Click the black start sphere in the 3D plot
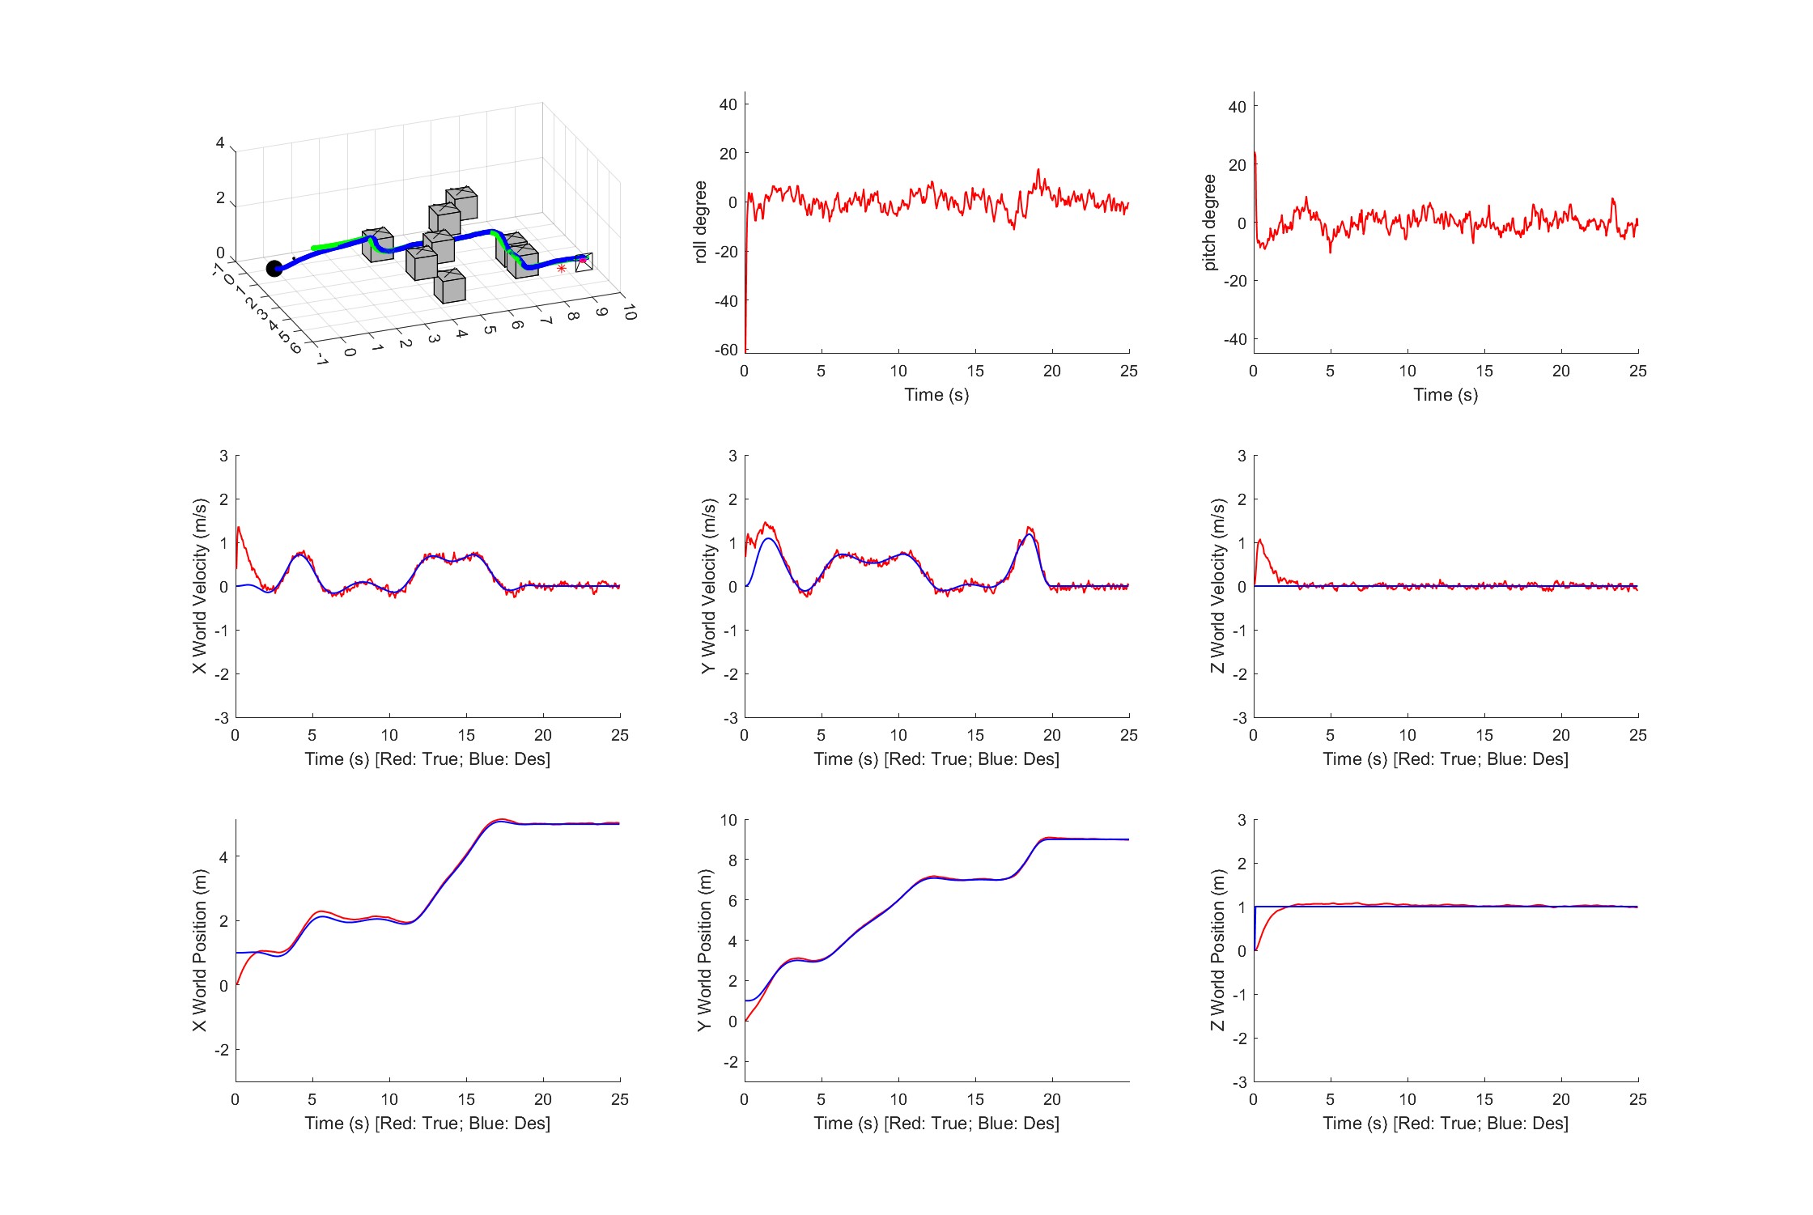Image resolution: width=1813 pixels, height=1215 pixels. [x=274, y=269]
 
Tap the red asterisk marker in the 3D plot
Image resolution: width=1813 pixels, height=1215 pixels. [x=562, y=268]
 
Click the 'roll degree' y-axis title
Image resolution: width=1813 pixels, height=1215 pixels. [x=701, y=222]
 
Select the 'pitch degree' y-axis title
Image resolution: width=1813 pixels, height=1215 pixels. [x=1210, y=222]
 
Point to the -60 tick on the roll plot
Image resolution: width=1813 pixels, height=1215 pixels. [x=726, y=350]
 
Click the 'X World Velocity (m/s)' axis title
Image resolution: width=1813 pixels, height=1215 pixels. [x=199, y=586]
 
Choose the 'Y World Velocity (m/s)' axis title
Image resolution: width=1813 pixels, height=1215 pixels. [x=708, y=586]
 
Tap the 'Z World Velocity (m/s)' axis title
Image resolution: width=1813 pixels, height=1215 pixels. [x=1217, y=586]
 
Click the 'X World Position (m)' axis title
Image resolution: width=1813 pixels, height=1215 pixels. [x=199, y=950]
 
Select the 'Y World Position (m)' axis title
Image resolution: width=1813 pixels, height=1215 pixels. [x=705, y=950]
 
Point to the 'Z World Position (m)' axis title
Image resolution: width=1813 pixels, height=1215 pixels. [x=1217, y=950]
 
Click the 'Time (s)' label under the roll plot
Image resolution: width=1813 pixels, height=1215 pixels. [x=936, y=395]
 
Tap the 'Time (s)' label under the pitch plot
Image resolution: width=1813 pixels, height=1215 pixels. [x=1446, y=395]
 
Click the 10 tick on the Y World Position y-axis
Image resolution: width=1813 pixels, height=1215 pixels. [x=729, y=820]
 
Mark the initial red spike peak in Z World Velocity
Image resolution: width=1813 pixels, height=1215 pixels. [x=1260, y=540]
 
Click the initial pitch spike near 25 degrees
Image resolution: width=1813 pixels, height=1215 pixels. [x=1255, y=152]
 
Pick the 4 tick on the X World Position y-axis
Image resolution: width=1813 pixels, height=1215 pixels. [x=223, y=856]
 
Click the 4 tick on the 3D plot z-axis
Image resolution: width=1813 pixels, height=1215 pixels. [x=220, y=143]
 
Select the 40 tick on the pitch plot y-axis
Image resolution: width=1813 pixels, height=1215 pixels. [x=1238, y=107]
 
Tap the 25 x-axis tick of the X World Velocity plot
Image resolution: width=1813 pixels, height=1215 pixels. [x=620, y=735]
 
